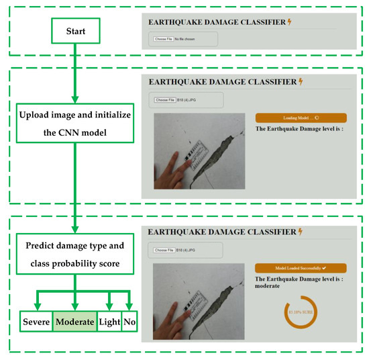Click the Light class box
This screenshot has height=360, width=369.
tap(109, 322)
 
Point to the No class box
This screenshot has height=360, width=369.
tap(129, 322)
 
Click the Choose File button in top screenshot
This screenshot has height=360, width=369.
tap(164, 39)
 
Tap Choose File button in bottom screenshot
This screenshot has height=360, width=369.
tap(164, 250)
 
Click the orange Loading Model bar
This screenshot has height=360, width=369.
tap(301, 118)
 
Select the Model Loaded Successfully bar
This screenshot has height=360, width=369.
tap(301, 267)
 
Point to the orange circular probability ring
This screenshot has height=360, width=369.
tap(301, 312)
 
